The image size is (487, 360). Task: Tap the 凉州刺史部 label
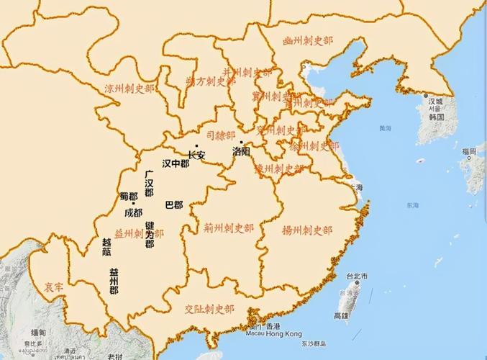130,89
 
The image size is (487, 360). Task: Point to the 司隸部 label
220,134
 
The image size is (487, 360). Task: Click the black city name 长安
196,155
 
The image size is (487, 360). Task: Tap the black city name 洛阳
242,152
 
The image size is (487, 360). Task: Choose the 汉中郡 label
176,163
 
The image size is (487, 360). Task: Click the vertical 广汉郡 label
148,184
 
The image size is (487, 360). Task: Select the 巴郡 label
173,204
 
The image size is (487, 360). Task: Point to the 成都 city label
133,213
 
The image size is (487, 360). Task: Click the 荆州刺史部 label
228,228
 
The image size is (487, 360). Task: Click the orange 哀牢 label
53,286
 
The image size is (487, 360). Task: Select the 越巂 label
106,247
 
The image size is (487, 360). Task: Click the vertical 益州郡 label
114,282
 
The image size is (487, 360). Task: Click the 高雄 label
340,315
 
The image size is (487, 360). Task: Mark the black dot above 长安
196,146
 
